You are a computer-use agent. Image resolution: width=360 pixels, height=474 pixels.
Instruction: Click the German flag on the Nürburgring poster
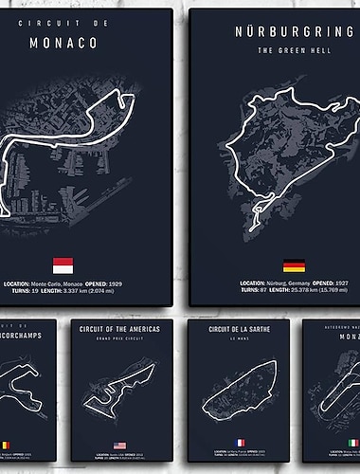[x=294, y=265]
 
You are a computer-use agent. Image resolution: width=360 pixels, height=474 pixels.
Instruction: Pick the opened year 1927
[x=348, y=283]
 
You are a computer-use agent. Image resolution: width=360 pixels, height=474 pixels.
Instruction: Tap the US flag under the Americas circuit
[x=120, y=444]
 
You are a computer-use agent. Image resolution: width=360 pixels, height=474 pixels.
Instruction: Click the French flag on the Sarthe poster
[x=242, y=442]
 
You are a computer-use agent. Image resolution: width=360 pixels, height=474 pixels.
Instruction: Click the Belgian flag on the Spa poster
[x=8, y=444]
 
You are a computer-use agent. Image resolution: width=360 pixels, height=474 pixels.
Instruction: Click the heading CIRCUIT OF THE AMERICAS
[x=120, y=328]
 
